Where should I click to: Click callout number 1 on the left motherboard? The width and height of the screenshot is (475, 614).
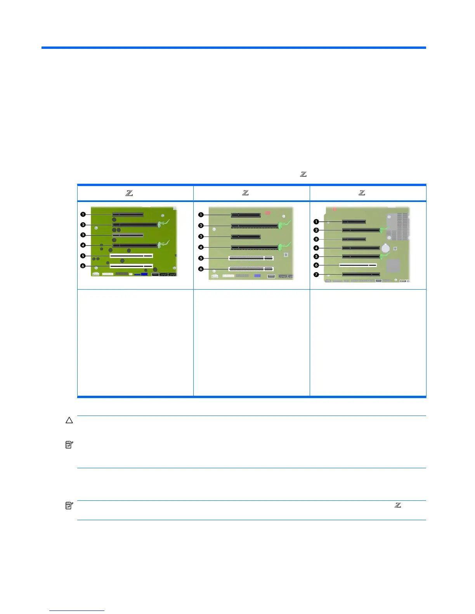click(x=83, y=214)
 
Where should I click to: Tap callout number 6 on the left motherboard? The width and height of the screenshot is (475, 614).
click(x=83, y=266)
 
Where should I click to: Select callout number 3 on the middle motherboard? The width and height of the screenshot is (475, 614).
click(x=201, y=236)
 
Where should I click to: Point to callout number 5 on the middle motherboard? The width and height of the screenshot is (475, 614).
click(x=201, y=258)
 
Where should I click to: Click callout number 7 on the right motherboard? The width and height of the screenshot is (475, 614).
click(x=316, y=274)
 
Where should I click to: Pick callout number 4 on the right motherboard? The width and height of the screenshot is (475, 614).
click(x=316, y=248)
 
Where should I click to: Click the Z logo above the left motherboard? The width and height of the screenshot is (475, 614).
click(x=129, y=193)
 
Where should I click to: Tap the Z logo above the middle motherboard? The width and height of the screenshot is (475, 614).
click(x=245, y=193)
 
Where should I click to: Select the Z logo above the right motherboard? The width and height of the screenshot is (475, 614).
click(x=362, y=193)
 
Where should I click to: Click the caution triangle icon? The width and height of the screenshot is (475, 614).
click(x=69, y=420)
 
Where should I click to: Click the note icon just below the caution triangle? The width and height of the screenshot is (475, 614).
click(x=69, y=445)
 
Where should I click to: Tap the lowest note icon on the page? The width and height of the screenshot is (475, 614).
click(x=69, y=505)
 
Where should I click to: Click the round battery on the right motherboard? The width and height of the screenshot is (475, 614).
click(x=386, y=247)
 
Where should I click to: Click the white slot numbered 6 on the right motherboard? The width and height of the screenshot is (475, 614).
click(x=358, y=266)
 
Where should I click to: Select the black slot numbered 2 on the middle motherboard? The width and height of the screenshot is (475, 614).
click(x=255, y=226)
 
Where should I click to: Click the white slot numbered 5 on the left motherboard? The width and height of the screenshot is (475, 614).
click(x=131, y=256)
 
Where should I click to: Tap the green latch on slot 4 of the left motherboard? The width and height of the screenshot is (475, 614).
click(x=161, y=244)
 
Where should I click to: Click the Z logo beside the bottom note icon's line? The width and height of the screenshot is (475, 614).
click(x=398, y=505)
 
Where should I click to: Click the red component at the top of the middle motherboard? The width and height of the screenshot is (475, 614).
click(x=267, y=212)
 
